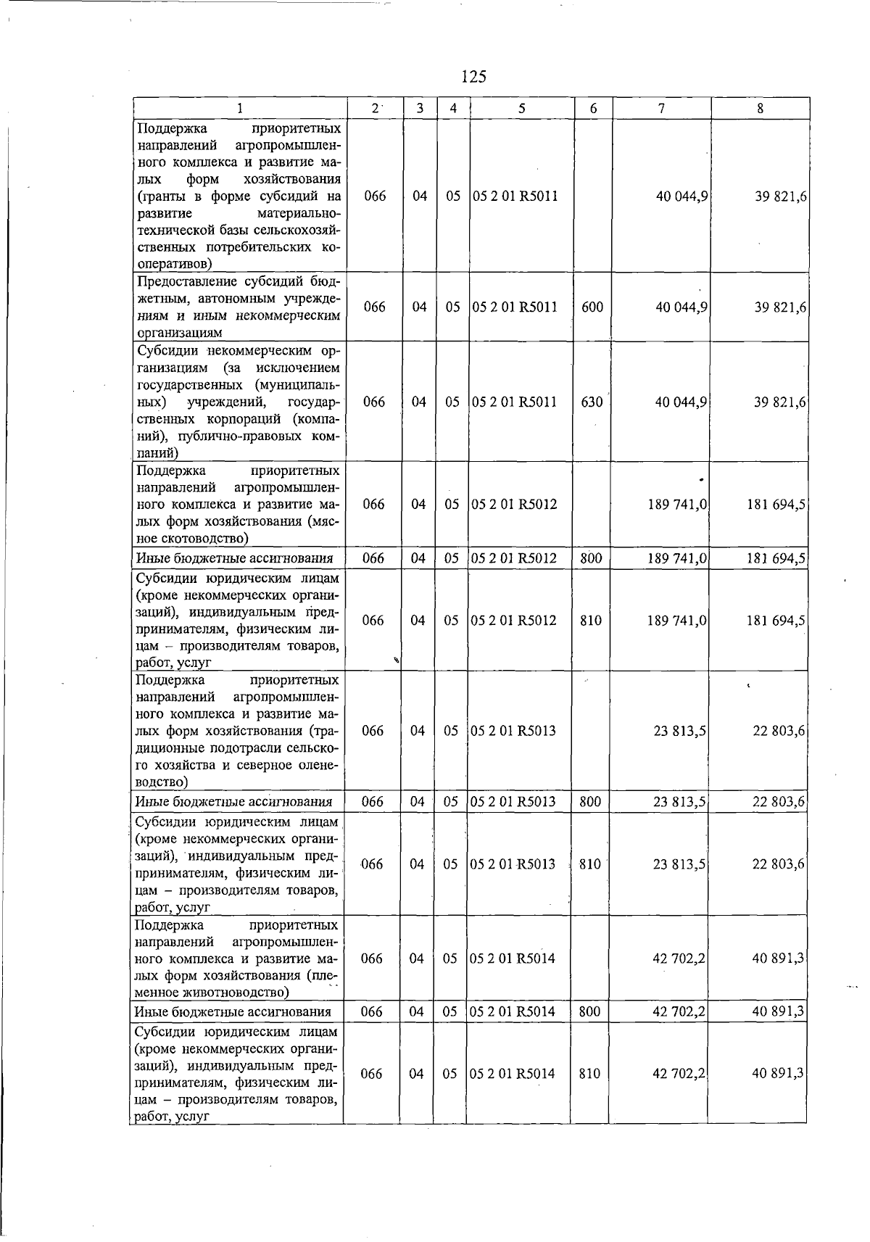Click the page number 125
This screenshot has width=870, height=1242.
(x=473, y=76)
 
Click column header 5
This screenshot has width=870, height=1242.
(x=522, y=109)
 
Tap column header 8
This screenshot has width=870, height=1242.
(x=760, y=109)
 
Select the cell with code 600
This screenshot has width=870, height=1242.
(x=592, y=307)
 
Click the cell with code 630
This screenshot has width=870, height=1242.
(x=592, y=402)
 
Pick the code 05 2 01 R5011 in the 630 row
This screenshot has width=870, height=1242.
(x=515, y=402)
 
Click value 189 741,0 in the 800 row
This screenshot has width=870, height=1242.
(x=677, y=558)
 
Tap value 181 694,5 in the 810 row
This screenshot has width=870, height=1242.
(x=776, y=621)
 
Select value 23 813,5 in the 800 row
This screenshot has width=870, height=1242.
(x=679, y=802)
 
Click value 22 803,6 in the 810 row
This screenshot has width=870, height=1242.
(x=778, y=864)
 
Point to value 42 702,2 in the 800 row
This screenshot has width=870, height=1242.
(x=679, y=1011)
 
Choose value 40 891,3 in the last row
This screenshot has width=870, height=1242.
(x=778, y=1074)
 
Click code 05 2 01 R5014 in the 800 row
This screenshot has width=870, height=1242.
(x=513, y=1011)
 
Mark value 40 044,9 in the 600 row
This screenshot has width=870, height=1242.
(x=681, y=307)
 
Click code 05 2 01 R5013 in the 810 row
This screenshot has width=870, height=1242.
(x=513, y=864)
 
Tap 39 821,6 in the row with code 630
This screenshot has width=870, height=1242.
(x=780, y=402)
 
